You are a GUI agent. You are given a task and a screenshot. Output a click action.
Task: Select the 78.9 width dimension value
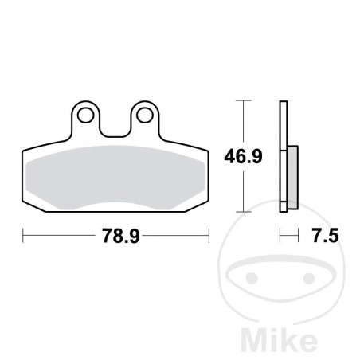[116, 235]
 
